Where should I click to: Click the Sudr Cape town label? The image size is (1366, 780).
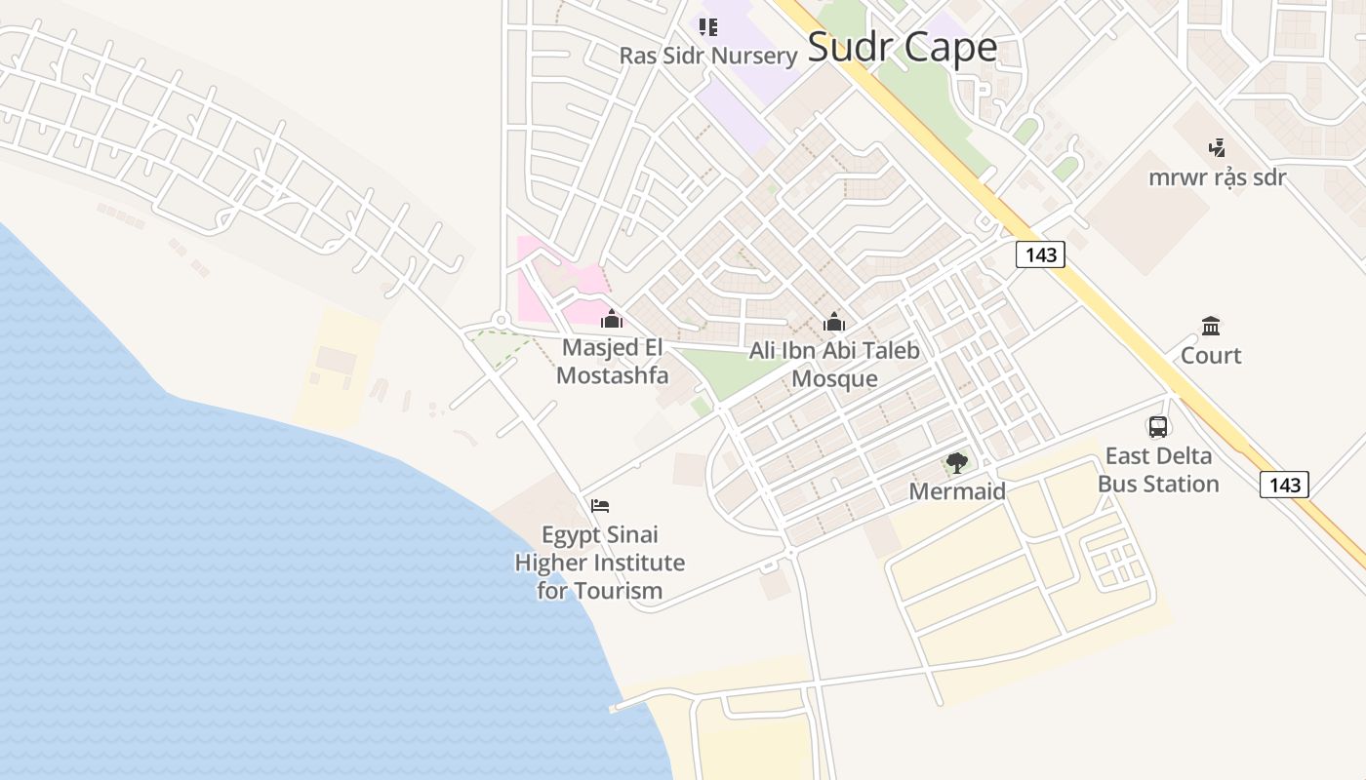click(903, 48)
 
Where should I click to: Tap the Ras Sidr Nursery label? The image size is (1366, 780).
click(708, 56)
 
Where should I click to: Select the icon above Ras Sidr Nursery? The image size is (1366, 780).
click(708, 26)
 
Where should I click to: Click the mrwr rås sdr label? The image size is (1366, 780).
click(1217, 177)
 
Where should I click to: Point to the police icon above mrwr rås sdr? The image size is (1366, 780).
click(1217, 148)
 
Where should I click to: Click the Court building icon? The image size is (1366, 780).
click(1211, 326)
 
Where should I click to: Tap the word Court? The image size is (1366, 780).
click(1211, 356)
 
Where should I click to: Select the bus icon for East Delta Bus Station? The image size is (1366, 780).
click(1158, 426)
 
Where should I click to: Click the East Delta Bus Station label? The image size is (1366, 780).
click(1158, 470)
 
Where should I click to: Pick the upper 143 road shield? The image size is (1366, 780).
click(1041, 255)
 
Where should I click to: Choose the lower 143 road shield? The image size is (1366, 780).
click(1284, 485)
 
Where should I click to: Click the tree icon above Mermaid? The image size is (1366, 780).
click(957, 463)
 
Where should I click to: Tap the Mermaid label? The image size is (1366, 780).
click(957, 491)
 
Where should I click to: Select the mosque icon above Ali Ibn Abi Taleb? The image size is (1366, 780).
click(834, 322)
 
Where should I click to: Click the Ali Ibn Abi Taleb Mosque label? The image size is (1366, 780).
click(834, 365)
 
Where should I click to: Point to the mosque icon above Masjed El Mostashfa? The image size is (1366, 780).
click(612, 319)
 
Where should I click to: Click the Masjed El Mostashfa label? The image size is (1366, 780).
click(612, 362)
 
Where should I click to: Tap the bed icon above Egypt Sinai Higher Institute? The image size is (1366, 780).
click(600, 506)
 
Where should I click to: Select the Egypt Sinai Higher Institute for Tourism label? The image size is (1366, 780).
click(600, 563)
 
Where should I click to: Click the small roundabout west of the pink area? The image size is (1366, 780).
click(501, 319)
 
